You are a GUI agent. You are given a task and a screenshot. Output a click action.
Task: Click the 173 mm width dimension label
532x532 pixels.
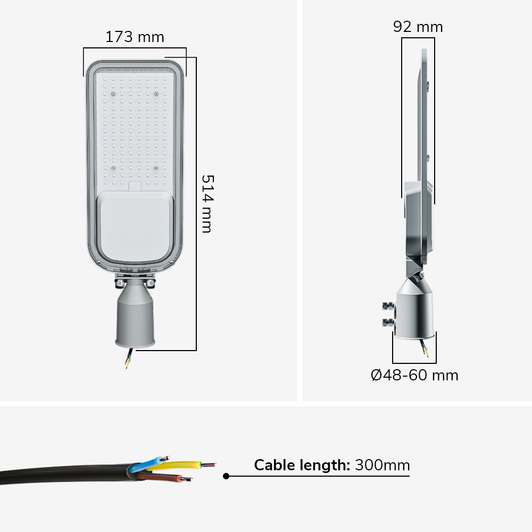coord(135,37)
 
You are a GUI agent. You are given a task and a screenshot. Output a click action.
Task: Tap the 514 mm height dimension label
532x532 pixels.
coord(207,204)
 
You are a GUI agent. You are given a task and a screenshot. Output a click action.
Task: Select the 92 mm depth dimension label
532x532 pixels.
coord(418,27)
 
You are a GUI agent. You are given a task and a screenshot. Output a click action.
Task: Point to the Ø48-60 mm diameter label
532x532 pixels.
coord(414,375)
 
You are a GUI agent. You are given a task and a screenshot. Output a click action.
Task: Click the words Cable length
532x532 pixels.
coord(302,465)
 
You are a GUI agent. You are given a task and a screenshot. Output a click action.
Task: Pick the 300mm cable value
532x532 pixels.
coord(383,465)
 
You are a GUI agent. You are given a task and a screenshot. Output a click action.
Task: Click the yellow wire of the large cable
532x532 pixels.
coord(180,465)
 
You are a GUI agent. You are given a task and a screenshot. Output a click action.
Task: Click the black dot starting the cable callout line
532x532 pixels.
coord(226,476)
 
